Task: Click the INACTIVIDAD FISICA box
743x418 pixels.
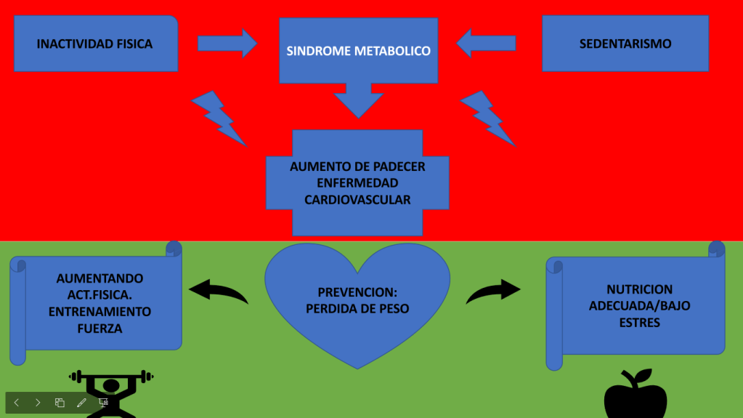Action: pyautogui.click(x=95, y=44)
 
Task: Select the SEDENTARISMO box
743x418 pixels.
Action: pyautogui.click(x=625, y=44)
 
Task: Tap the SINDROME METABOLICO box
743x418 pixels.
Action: pyautogui.click(x=358, y=51)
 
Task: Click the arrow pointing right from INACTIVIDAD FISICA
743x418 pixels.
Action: pyautogui.click(x=227, y=44)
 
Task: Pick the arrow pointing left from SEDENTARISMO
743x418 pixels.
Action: pyautogui.click(x=487, y=43)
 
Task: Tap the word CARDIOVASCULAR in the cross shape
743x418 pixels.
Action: pyautogui.click(x=357, y=200)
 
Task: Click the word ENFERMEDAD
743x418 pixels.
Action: pyautogui.click(x=357, y=183)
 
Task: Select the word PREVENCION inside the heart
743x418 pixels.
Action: pyautogui.click(x=357, y=292)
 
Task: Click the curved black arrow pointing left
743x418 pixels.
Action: pyautogui.click(x=218, y=292)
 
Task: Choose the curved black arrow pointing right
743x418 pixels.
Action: pyautogui.click(x=493, y=292)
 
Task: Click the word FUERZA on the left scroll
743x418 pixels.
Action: pyautogui.click(x=100, y=329)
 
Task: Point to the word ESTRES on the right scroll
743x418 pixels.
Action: pyautogui.click(x=639, y=322)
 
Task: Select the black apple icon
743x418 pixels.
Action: pyautogui.click(x=636, y=395)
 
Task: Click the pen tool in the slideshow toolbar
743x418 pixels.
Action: pyautogui.click(x=81, y=402)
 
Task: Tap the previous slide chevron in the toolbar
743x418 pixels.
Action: pyautogui.click(x=17, y=402)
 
